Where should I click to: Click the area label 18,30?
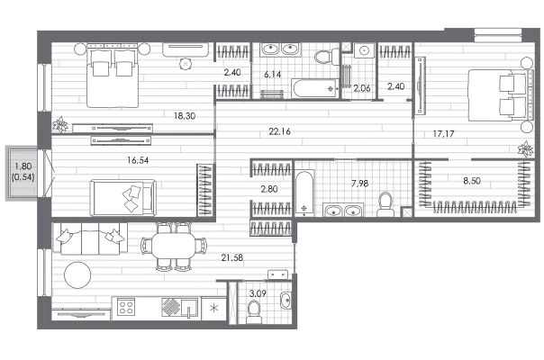[185, 116]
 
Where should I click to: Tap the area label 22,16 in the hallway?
[279, 131]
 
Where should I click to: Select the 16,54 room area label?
[138, 160]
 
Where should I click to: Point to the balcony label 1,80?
[23, 166]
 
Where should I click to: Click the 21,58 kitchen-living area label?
[232, 257]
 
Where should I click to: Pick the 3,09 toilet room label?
[258, 293]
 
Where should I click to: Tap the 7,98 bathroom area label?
[359, 183]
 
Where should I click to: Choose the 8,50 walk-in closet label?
[472, 181]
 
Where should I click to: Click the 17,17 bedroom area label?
[444, 133]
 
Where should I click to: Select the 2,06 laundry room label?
[362, 88]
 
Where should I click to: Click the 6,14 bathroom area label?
[272, 74]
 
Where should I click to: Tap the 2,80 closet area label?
[269, 189]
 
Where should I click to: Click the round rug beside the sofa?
[77, 274]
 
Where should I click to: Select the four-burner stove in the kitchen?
[126, 307]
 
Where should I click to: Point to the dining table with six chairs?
[174, 246]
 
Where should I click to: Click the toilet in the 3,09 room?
[254, 311]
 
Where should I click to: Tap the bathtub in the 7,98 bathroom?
[304, 193]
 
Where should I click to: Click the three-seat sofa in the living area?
[89, 238]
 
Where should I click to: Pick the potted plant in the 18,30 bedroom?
[60, 124]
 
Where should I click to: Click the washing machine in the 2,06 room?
[364, 50]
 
